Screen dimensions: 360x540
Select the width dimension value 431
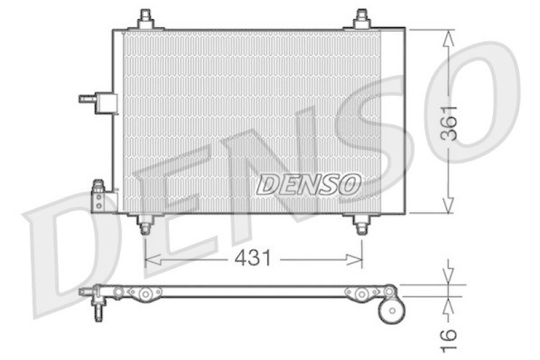254,258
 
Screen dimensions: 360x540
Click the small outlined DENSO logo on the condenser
310,183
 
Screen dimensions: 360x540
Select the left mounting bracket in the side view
144,293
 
